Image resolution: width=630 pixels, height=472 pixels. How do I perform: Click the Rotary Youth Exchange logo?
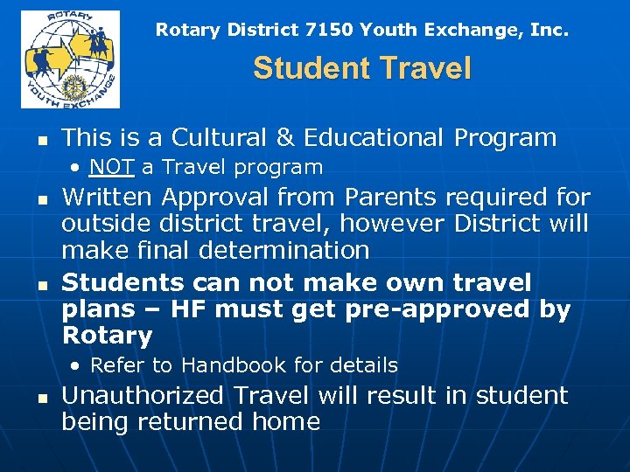(70, 59)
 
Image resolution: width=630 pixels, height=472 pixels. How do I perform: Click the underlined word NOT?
(110, 167)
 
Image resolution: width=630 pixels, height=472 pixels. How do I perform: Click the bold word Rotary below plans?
(107, 336)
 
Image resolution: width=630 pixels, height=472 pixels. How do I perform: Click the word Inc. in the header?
(549, 31)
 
